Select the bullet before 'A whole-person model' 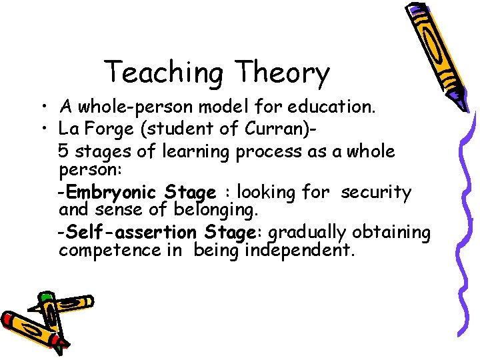(x=42, y=107)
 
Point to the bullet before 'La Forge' (x=42, y=128)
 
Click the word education (x=333, y=106)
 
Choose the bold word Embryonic (x=113, y=193)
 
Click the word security (x=376, y=192)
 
